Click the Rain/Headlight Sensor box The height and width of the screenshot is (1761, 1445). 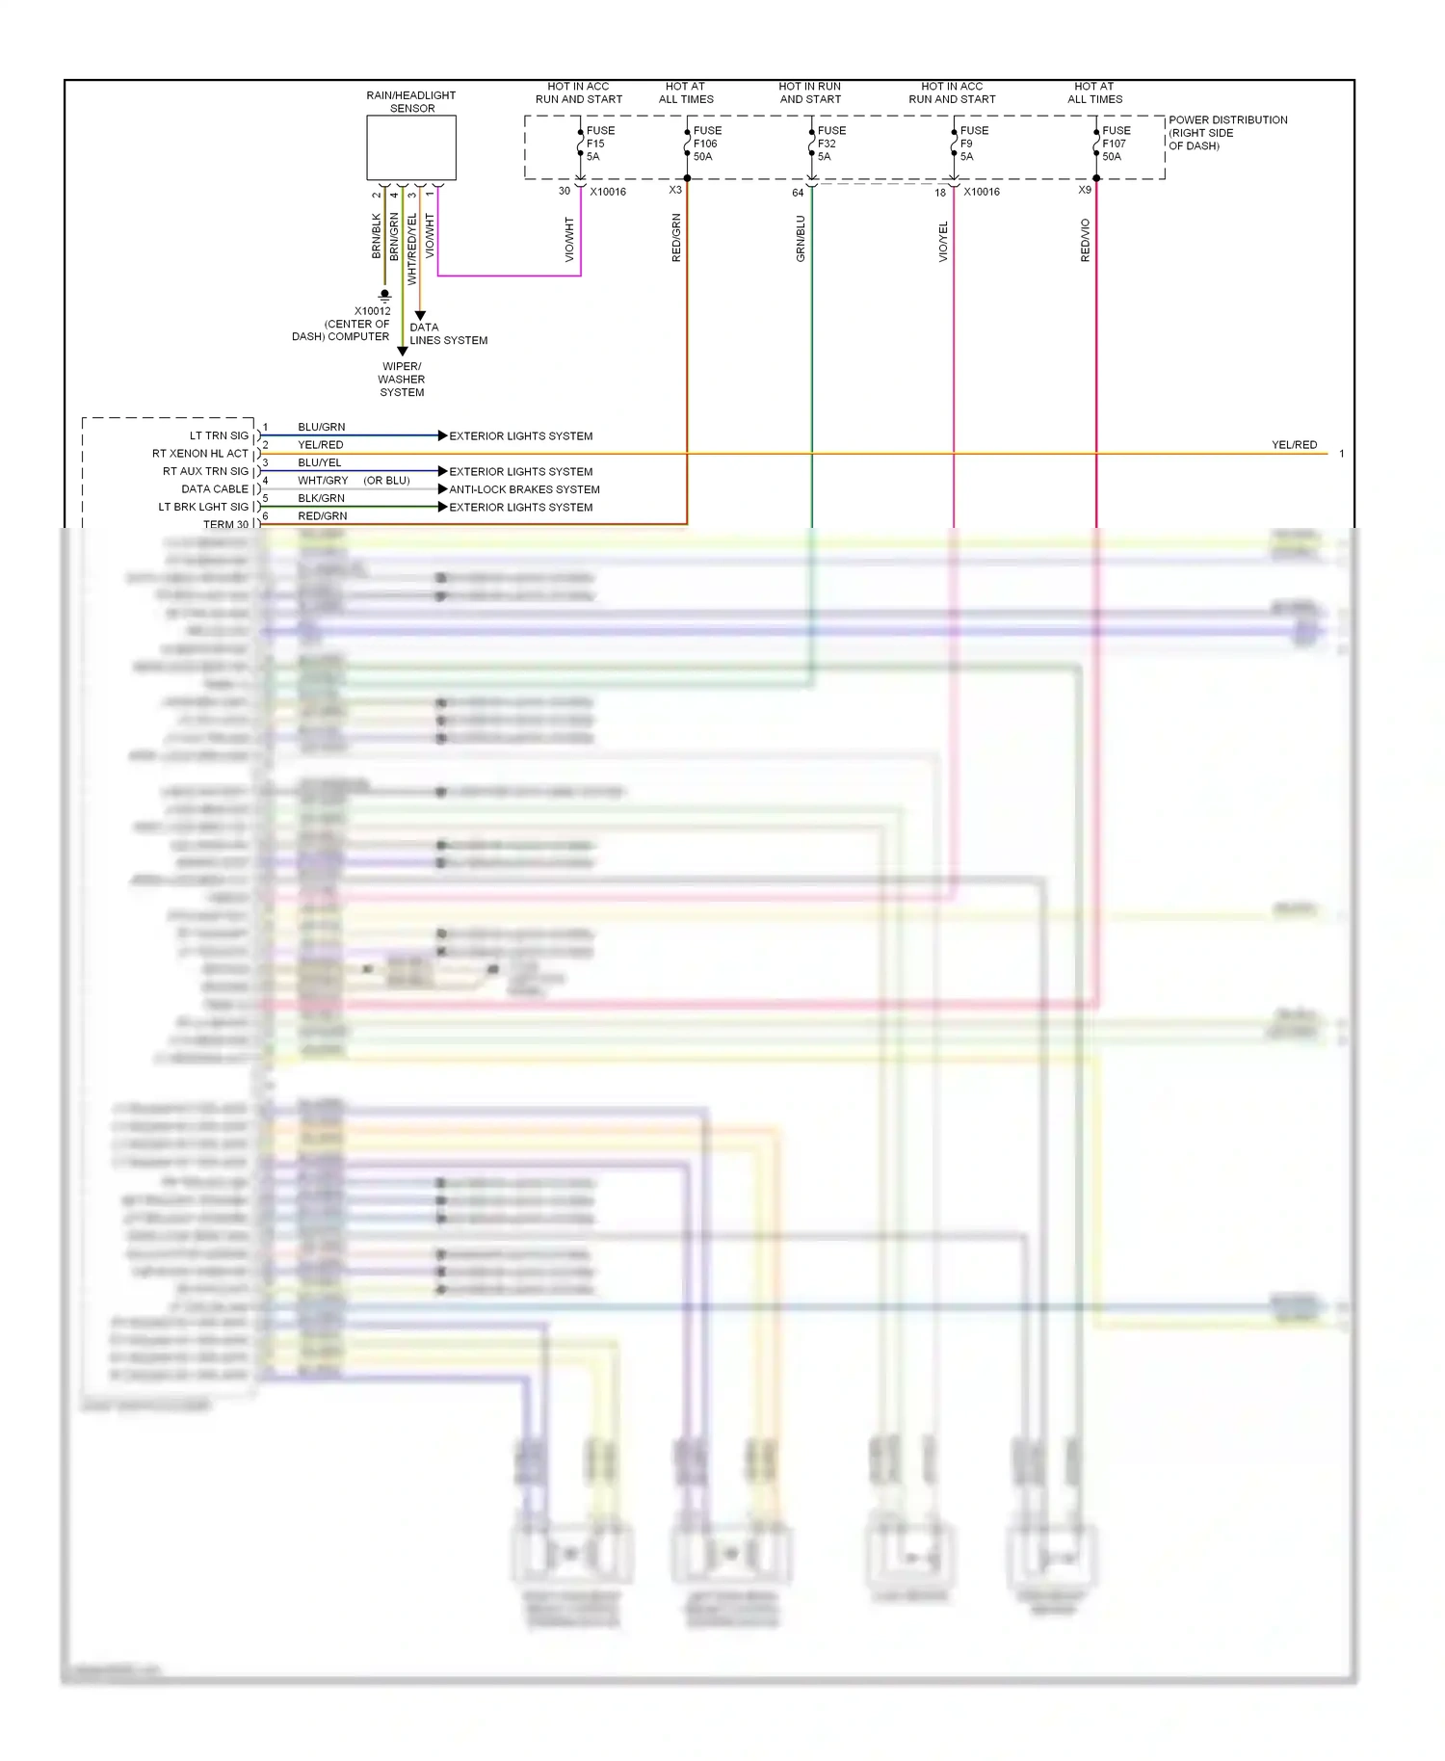click(x=410, y=147)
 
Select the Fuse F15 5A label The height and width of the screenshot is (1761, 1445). click(x=599, y=144)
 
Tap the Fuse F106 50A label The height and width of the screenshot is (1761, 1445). click(x=706, y=144)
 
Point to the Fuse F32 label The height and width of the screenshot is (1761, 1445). click(x=830, y=144)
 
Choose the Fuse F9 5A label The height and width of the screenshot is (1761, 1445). click(x=973, y=144)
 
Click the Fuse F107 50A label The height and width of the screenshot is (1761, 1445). click(x=1116, y=144)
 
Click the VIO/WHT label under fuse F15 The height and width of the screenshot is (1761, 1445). click(x=569, y=239)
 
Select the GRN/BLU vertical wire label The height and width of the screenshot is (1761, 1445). click(x=801, y=238)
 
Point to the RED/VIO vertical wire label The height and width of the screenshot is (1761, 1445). click(x=1086, y=240)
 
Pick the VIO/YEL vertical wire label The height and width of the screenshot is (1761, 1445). click(x=943, y=241)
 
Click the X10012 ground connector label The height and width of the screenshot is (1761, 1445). click(x=372, y=311)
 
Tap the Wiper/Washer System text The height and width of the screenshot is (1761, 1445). click(x=402, y=380)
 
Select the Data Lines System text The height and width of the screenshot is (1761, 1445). click(x=448, y=333)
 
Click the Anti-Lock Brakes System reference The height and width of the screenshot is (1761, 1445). click(x=524, y=489)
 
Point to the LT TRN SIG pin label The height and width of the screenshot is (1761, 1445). click(x=219, y=435)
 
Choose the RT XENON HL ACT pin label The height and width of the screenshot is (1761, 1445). click(x=200, y=454)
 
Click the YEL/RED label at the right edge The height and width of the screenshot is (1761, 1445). click(x=1294, y=445)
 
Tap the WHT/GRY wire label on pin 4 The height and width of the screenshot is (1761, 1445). click(x=323, y=481)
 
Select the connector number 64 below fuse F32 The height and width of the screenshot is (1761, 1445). click(x=798, y=193)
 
